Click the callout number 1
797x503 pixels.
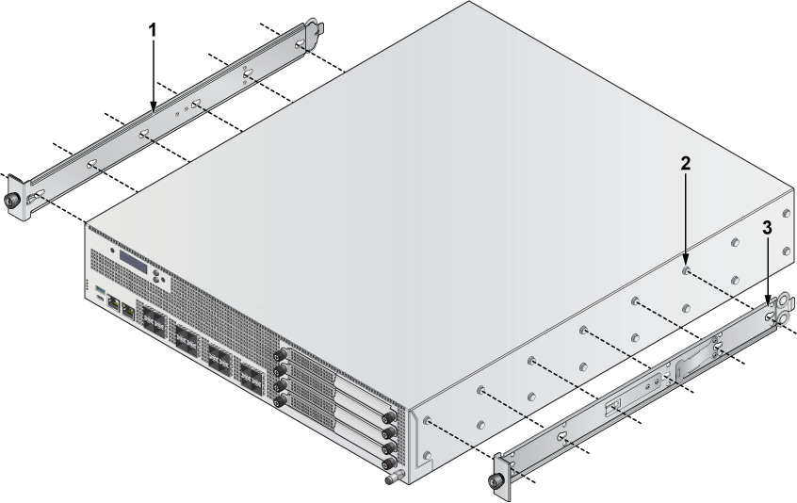(x=152, y=30)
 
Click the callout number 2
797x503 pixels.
(x=686, y=164)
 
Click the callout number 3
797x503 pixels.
(x=767, y=228)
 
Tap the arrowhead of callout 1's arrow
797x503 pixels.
(x=153, y=105)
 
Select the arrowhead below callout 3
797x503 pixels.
(x=768, y=300)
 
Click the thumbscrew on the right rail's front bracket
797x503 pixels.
(x=494, y=481)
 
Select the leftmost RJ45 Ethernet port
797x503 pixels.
(x=113, y=304)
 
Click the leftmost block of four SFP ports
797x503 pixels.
(x=153, y=323)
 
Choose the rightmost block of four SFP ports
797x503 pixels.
(x=252, y=380)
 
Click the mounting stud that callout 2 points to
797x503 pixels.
(x=686, y=270)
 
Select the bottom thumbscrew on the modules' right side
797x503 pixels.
(x=390, y=462)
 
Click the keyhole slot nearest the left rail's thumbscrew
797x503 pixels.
(x=37, y=196)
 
